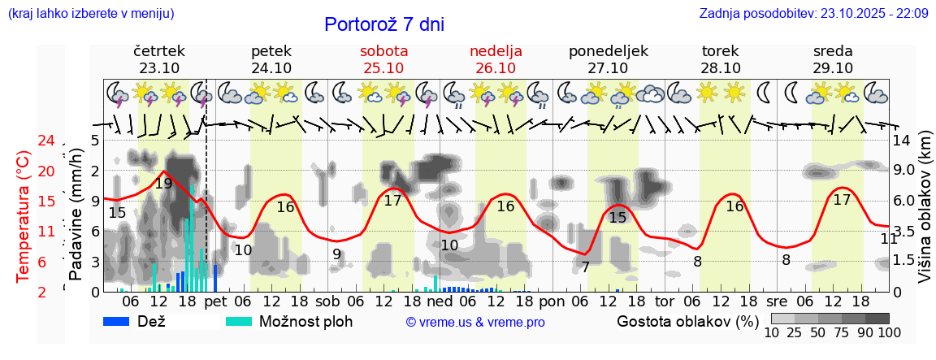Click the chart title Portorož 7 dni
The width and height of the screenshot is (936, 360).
pyautogui.click(x=384, y=24)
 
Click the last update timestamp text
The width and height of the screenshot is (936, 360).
pyautogui.click(x=813, y=13)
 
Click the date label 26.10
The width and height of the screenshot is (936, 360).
pyautogui.click(x=496, y=68)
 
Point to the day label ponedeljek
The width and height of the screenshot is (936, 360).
pyautogui.click(x=609, y=50)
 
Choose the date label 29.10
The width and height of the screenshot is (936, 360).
pyautogui.click(x=833, y=68)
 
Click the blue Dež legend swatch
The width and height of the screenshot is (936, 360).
pyautogui.click(x=123, y=321)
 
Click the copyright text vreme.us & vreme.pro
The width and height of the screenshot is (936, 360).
pyautogui.click(x=475, y=322)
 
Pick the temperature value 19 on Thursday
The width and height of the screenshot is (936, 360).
pyautogui.click(x=163, y=184)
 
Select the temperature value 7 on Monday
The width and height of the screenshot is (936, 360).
pyautogui.click(x=585, y=267)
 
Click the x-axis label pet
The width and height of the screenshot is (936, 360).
pyautogui.click(x=215, y=301)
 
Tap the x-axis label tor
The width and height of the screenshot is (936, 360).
pyautogui.click(x=665, y=301)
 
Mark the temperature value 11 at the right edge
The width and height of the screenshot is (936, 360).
pyautogui.click(x=889, y=239)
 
